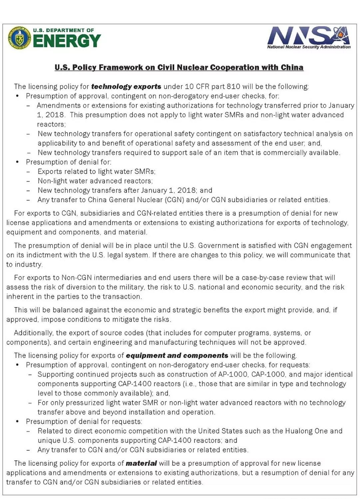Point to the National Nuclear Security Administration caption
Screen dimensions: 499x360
click(308, 47)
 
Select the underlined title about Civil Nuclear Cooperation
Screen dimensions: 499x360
click(179, 68)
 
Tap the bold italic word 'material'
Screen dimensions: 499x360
click(141, 463)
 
